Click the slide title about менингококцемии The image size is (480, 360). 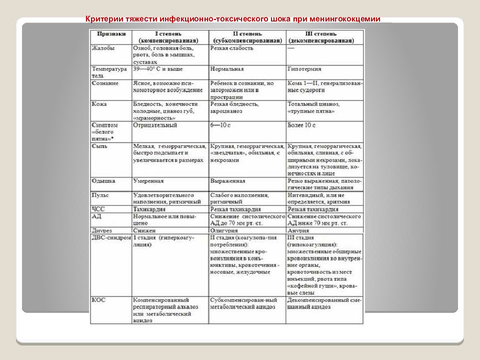point(233,19)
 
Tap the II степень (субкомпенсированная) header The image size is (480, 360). point(246,36)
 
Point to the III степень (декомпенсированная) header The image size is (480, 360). point(325,36)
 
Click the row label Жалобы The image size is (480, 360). point(102,48)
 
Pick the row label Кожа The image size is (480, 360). point(99,104)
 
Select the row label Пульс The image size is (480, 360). point(101,194)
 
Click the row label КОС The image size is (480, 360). point(99,300)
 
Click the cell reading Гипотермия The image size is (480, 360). point(304,69)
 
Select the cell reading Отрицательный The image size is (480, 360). point(155,124)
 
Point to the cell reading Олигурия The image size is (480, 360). point(224,230)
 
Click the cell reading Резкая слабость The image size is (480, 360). point(232,48)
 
